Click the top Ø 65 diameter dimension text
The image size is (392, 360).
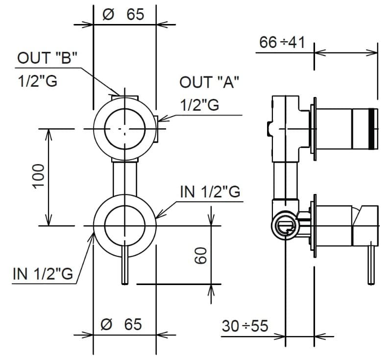coord(123,15)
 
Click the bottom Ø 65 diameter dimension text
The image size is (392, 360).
coord(122,324)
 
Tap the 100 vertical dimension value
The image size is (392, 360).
coord(39,176)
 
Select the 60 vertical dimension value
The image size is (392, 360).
coord(200,255)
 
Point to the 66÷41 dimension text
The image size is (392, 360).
coord(282,42)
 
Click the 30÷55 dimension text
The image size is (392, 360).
coord(245,326)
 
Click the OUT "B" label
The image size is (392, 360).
coord(47,58)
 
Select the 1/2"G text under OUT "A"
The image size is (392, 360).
coord(200,105)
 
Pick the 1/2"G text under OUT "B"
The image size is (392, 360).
coord(38,81)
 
